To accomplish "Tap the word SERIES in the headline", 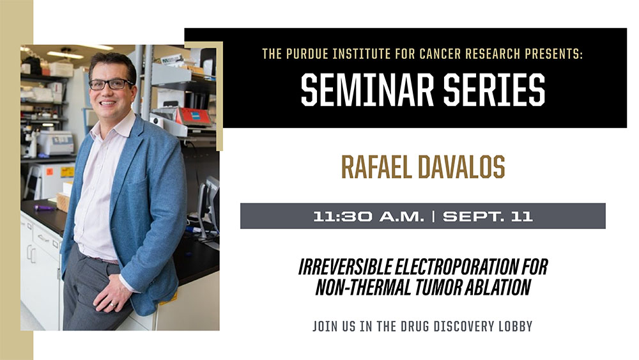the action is [495, 90].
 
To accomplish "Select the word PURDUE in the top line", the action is [307, 54].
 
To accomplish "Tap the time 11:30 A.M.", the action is [369, 216].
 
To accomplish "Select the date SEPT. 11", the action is [488, 216].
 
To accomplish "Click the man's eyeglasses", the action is [111, 84].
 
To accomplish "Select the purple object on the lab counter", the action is [43, 208].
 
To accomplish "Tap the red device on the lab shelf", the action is [194, 116].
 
